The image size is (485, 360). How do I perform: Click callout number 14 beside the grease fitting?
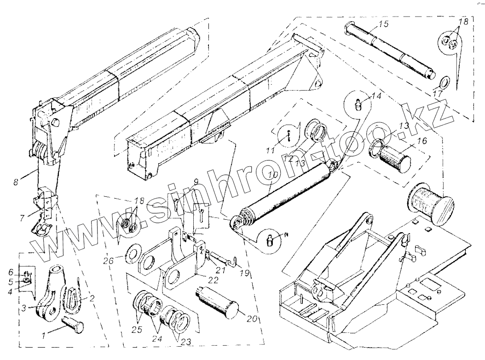376,97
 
